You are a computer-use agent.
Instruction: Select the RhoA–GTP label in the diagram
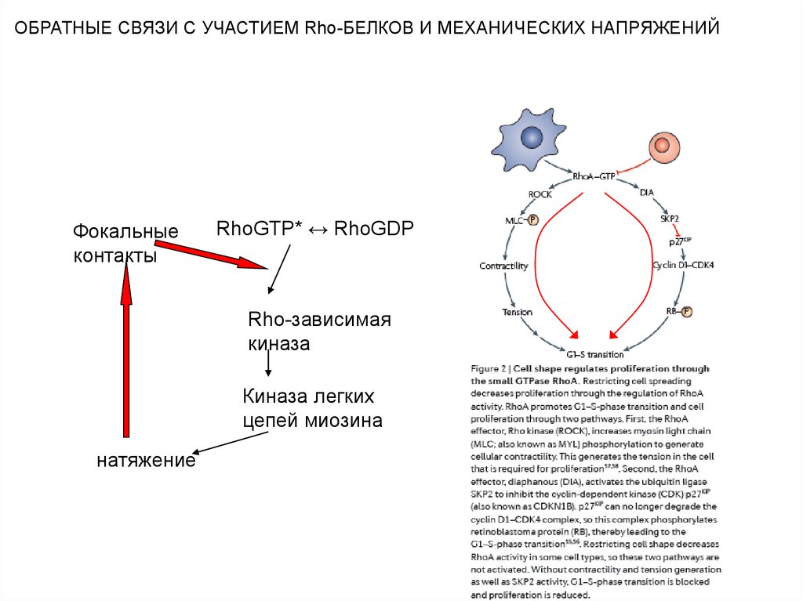point(594,177)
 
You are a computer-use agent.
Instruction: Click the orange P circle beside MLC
point(534,221)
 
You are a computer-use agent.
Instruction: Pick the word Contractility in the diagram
point(503,266)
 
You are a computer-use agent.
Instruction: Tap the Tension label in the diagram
point(517,312)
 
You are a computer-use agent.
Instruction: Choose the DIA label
point(646,192)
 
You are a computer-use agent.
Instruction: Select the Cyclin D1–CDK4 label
point(683,265)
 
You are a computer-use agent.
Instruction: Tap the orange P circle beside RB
point(687,311)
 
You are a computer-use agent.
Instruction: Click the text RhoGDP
point(373,228)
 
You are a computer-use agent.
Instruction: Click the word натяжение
point(146,460)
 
